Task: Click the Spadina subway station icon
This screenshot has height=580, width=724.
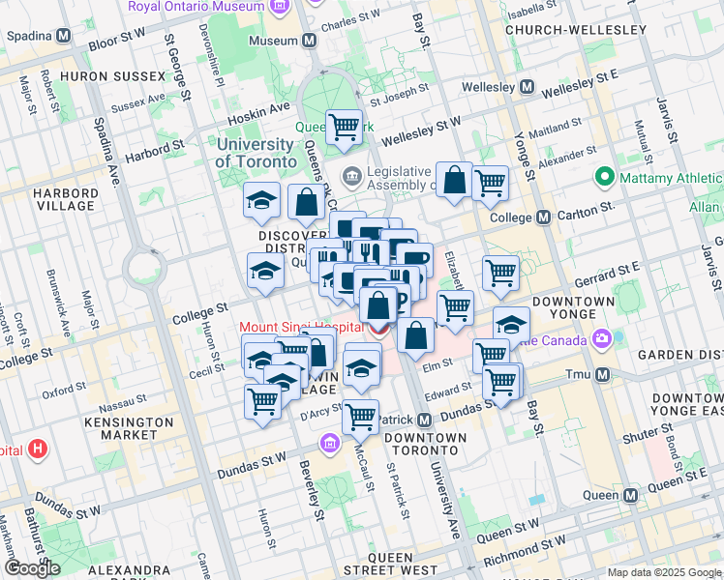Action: click(x=64, y=36)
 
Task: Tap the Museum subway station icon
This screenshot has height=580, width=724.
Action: click(x=309, y=42)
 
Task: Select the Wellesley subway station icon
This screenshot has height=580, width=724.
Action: click(x=527, y=87)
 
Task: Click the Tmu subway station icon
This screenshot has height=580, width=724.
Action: click(x=602, y=374)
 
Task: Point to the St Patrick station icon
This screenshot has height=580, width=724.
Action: click(x=425, y=420)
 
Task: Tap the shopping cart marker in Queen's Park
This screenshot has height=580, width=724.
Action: click(x=344, y=128)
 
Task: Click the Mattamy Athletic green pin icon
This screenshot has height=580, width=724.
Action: click(x=606, y=177)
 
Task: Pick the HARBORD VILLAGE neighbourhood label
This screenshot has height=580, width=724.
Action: click(x=66, y=199)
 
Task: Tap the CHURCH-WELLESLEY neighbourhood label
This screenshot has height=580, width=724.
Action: click(x=576, y=30)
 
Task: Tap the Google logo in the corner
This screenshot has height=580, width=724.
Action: click(x=32, y=568)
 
